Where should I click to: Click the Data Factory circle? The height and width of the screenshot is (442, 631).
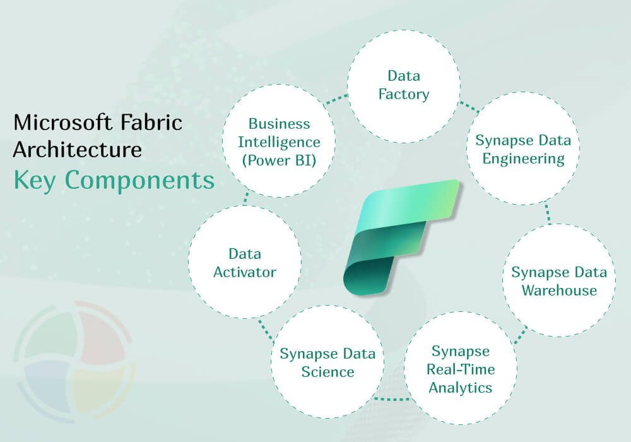404,86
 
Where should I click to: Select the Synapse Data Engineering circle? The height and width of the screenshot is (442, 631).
522,148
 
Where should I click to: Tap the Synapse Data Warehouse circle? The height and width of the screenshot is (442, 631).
559,280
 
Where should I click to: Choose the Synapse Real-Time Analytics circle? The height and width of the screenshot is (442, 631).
461,368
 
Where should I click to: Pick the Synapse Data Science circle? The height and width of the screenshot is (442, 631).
327,361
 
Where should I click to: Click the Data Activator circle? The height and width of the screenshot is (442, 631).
245,262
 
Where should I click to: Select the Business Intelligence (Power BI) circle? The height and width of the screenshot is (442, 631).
279,141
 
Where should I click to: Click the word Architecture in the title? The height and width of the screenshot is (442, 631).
77,150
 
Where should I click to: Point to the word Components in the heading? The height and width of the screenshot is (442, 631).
139,180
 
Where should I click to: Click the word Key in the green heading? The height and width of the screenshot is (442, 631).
34,180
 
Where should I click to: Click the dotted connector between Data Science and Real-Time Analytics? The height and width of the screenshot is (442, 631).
392,399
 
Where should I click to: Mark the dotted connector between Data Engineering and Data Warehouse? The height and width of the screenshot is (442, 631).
548,213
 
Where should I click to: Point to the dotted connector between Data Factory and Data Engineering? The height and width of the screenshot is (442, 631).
469,107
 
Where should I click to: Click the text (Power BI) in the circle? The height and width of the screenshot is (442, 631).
279,160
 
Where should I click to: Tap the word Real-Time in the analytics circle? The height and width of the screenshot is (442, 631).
461,369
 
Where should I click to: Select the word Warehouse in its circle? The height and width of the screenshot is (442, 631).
559,290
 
